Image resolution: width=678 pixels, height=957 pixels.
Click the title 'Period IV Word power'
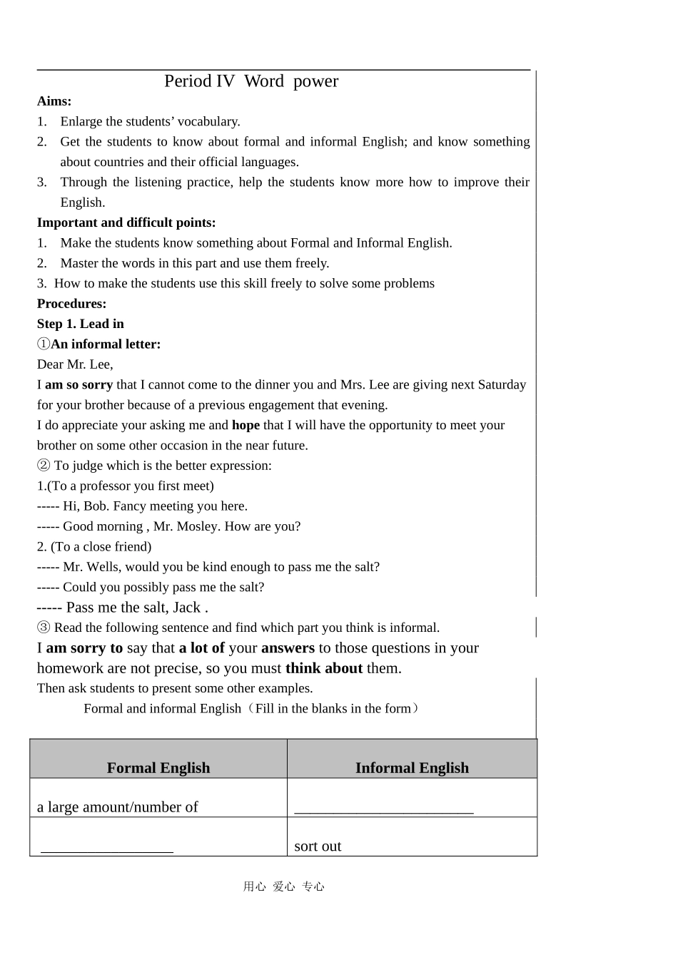pos(251,81)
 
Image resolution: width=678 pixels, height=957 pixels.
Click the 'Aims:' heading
pos(54,101)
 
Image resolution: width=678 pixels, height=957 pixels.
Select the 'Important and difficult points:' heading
pos(126,222)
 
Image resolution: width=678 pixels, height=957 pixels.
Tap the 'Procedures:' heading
pos(71,304)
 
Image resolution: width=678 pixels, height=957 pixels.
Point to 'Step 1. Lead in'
pos(81,324)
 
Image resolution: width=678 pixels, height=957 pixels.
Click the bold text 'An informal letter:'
pos(106,344)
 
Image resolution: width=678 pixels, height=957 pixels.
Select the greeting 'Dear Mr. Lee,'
pos(75,364)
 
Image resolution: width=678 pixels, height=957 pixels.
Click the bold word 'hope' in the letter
pos(246,425)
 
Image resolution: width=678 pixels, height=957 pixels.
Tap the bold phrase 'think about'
pos(324,668)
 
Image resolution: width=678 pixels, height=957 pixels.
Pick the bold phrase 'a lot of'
pos(202,648)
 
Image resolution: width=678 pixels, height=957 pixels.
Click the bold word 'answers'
pos(288,648)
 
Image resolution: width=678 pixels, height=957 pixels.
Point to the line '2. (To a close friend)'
pos(94,547)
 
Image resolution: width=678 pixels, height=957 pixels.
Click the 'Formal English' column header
pos(158,768)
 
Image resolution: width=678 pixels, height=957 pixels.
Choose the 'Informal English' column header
pos(412,768)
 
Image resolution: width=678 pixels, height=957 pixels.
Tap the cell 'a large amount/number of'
pos(118,807)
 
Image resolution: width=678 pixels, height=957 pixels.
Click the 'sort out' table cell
pos(318,846)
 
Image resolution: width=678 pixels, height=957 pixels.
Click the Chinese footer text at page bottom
pos(284,886)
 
